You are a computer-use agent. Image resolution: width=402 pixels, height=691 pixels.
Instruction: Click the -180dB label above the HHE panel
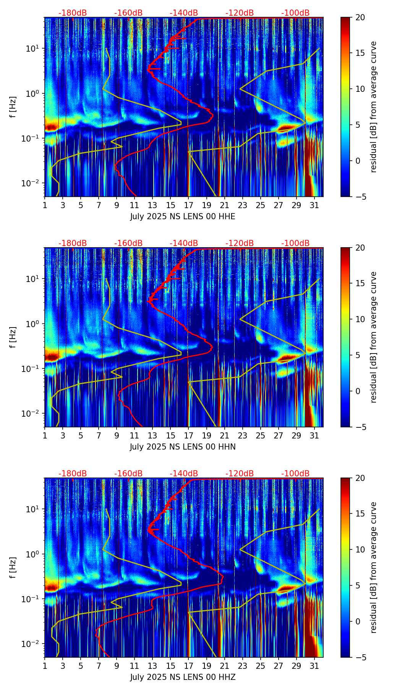[73, 13]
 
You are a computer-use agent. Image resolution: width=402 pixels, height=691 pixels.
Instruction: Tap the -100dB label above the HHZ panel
[295, 474]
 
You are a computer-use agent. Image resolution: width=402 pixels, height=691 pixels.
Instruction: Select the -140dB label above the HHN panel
[184, 243]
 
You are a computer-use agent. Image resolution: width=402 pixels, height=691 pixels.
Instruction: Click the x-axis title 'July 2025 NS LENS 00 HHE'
[183, 217]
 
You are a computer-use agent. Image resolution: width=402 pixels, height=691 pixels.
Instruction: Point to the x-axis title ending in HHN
[183, 447]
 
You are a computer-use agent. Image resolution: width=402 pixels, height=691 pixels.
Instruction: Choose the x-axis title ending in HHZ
[183, 677]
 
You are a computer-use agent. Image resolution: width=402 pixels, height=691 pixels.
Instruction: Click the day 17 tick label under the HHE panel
[188, 205]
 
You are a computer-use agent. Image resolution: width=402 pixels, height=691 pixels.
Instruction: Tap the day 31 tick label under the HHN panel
[314, 436]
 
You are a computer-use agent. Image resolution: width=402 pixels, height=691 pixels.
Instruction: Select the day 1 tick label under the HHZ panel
[45, 666]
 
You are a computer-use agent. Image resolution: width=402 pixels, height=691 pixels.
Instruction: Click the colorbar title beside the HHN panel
[374, 337]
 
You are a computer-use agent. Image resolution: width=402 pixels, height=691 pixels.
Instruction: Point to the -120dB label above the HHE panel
[240, 13]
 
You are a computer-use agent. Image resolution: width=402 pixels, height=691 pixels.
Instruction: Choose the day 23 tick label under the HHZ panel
[243, 666]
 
